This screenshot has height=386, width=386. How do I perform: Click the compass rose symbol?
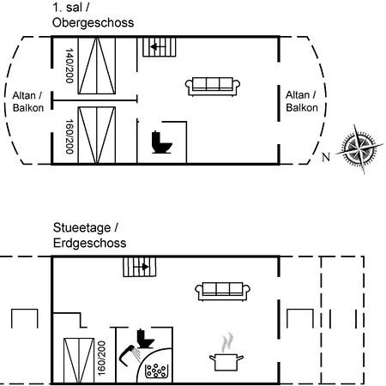click(x=359, y=148)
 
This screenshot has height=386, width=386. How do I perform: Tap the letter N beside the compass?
click(x=326, y=157)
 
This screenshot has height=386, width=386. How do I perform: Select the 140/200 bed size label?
click(x=69, y=65)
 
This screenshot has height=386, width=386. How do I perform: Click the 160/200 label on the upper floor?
click(x=69, y=136)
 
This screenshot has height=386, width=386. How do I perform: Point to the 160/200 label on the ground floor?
click(x=101, y=359)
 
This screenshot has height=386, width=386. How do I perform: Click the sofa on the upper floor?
click(x=213, y=86)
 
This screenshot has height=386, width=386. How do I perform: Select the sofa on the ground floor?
click(x=222, y=292)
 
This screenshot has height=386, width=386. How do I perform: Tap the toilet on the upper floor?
click(x=161, y=142)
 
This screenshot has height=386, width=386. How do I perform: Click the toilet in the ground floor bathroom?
click(x=146, y=339)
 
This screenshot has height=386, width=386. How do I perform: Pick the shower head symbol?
click(x=130, y=355)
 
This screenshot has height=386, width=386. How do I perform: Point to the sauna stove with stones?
click(x=156, y=371)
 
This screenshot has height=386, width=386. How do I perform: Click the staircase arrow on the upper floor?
click(x=158, y=46)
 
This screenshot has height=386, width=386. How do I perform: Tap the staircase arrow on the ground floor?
click(x=142, y=267)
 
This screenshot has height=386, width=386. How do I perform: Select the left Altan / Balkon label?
click(x=28, y=101)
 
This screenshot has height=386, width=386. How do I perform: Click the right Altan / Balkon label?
click(x=302, y=101)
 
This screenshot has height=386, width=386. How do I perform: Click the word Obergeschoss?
click(x=93, y=22)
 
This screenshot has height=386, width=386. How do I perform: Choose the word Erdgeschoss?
click(x=89, y=243)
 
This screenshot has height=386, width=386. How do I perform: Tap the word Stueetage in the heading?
click(x=81, y=228)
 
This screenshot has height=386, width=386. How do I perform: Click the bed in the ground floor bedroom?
click(x=79, y=361)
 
